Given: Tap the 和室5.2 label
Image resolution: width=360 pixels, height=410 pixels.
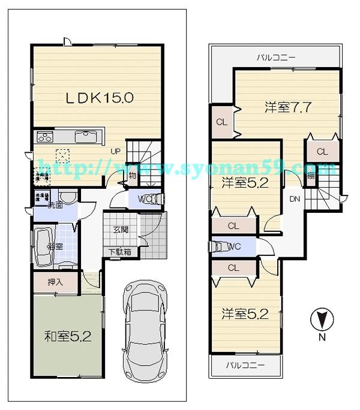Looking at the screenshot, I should point(67,336).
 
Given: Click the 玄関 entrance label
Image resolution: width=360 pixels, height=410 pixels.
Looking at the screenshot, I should point(121,230).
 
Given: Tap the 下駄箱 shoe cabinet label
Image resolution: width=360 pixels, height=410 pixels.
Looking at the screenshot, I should point(120,252).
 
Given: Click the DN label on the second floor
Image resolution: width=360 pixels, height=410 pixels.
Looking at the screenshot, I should point(295,198).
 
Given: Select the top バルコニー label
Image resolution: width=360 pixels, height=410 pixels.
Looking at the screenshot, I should point(276,58).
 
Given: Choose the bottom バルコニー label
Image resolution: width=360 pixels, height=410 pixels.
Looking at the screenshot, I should point(245,365).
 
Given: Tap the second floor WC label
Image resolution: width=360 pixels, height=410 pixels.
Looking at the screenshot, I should point(235,246).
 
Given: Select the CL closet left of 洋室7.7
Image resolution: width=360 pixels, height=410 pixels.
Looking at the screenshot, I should point(221,122).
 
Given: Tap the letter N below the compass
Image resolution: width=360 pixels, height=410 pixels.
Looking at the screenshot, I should point(322,337).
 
